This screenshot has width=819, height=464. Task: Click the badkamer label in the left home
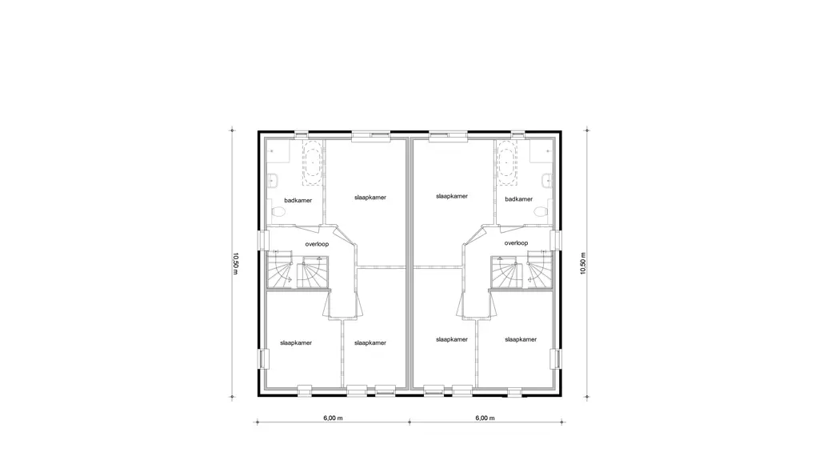tap(298, 200)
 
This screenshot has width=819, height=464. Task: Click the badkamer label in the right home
tap(518, 199)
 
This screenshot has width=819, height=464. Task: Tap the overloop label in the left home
tap(317, 244)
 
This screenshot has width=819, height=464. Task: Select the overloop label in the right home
tap(516, 243)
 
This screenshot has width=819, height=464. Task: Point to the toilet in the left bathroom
tap(278, 212)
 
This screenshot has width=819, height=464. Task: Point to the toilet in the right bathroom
tap(541, 211)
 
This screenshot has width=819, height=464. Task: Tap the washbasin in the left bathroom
tap(272, 181)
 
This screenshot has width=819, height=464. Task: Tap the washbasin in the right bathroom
tap(547, 181)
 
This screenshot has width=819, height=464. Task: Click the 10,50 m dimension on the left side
tap(236, 263)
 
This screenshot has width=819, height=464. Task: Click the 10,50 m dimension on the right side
tap(583, 263)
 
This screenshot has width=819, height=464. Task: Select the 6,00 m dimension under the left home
tap(333, 418)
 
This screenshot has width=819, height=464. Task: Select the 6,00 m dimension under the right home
tap(485, 418)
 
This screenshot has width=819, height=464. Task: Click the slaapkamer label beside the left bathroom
tap(370, 198)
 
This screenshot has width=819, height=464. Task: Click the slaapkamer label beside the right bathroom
tap(452, 197)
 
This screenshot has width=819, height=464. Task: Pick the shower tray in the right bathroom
tap(541, 151)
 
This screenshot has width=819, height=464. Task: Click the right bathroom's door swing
tap(510, 228)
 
